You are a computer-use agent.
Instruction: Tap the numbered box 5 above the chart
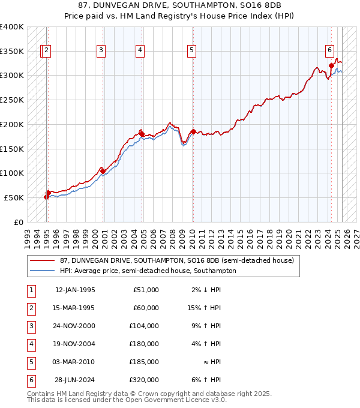pyautogui.click(x=191, y=51)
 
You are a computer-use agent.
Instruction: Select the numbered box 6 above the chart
pyautogui.click(x=330, y=51)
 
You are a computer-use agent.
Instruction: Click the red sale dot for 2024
pyautogui.click(x=331, y=65)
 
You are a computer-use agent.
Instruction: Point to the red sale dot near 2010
pyautogui.click(x=193, y=131)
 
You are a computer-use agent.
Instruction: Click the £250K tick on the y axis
pyautogui.click(x=12, y=100)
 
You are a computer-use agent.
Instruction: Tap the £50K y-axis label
pyautogui.click(x=14, y=197)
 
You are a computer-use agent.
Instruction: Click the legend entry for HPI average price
pyautogui.click(x=148, y=271)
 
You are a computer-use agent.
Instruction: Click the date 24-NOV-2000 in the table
pyautogui.click(x=75, y=326)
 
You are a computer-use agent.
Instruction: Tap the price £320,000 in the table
pyautogui.click(x=145, y=380)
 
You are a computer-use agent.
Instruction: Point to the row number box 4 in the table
pyautogui.click(x=30, y=344)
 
